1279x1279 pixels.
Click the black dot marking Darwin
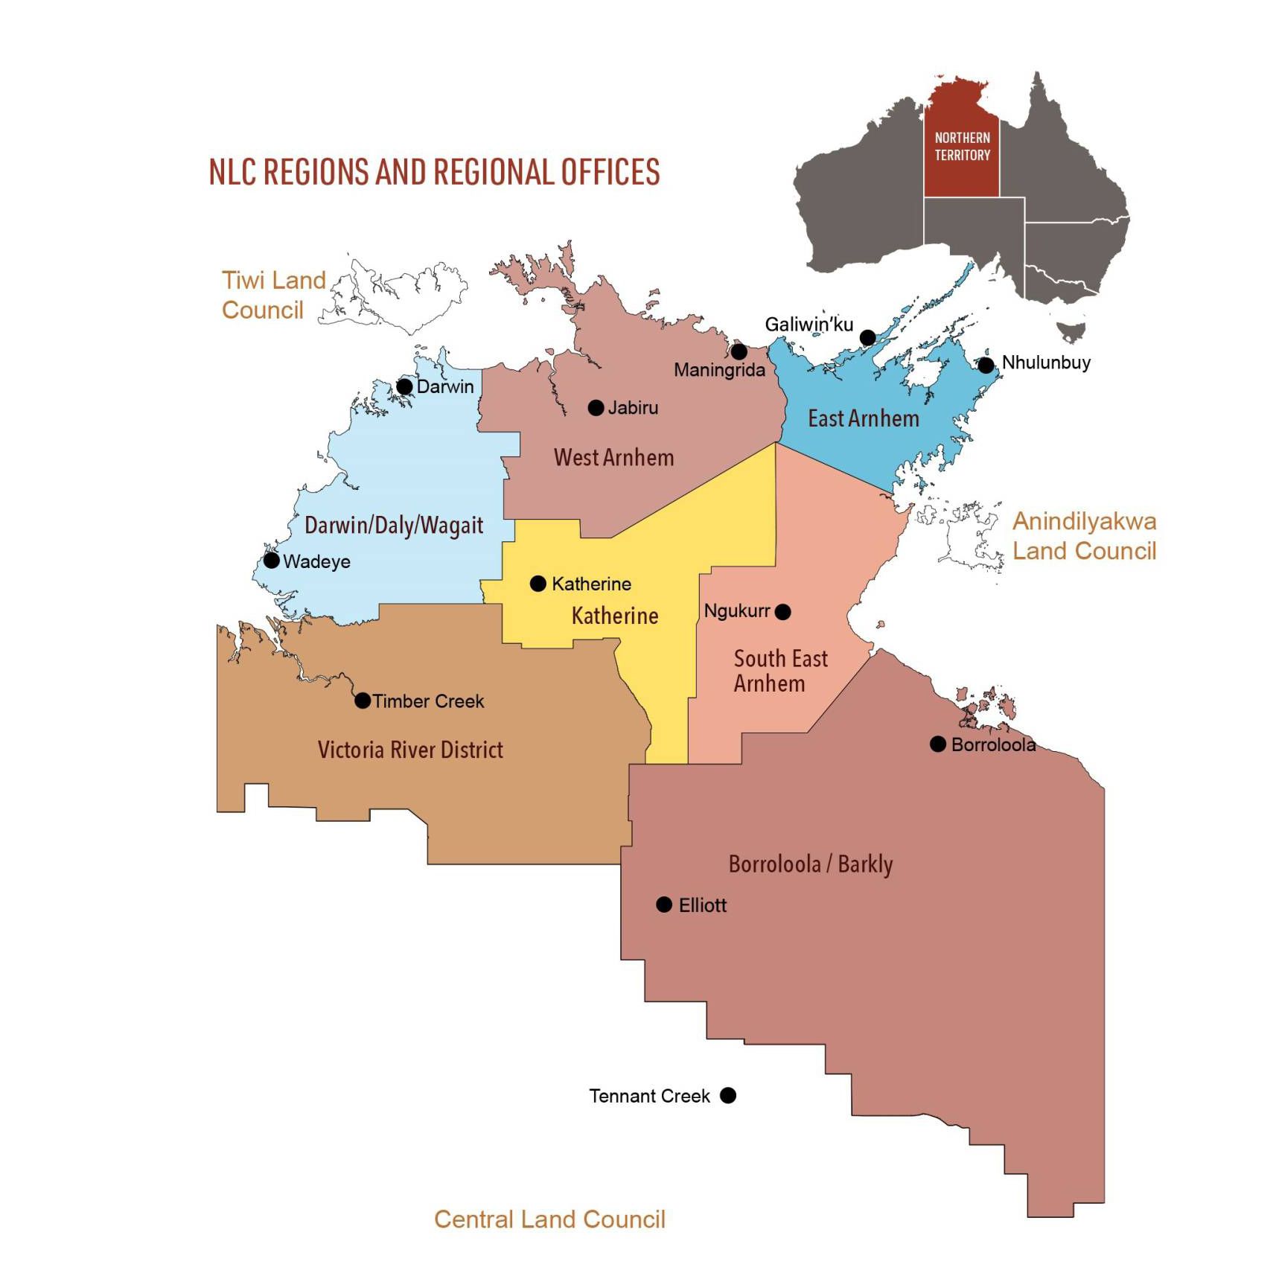coord(404,386)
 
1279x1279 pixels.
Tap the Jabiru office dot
coord(596,407)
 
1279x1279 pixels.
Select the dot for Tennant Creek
coord(728,1095)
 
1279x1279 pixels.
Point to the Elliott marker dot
coord(664,905)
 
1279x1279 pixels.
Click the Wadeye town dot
coord(272,561)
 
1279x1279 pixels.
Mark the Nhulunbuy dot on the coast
coord(986,365)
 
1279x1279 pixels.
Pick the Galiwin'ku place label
coord(809,325)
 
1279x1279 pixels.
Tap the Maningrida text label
coord(719,370)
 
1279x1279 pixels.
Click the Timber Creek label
coord(428,701)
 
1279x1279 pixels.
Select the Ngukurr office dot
coord(782,612)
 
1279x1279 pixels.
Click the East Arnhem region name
coord(864,418)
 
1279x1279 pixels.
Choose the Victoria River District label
coord(410,750)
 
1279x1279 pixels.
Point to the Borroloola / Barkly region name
coord(810,864)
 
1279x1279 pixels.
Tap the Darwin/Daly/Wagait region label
coord(394,526)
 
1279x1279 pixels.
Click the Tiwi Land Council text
coord(273,295)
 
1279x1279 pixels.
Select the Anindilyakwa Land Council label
coord(1084,536)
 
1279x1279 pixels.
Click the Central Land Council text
coord(549,1219)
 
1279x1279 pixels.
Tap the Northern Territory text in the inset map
coord(962,147)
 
